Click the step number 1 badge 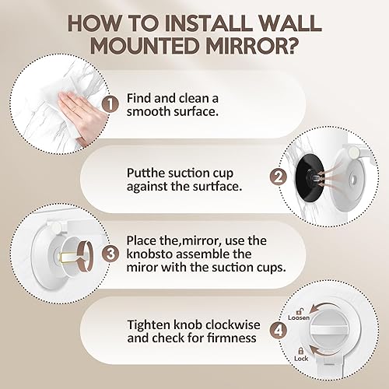click(x=110, y=104)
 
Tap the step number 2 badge click(x=279, y=177)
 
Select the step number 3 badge click(x=110, y=254)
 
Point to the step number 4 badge click(x=279, y=331)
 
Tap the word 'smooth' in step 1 click(x=149, y=112)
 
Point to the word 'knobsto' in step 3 click(x=149, y=254)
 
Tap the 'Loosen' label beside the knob click(x=299, y=317)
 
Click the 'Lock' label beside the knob click(x=301, y=359)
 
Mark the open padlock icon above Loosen click(x=300, y=311)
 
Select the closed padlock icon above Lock click(x=300, y=351)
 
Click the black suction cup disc click(x=309, y=179)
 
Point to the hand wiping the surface click(x=81, y=114)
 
